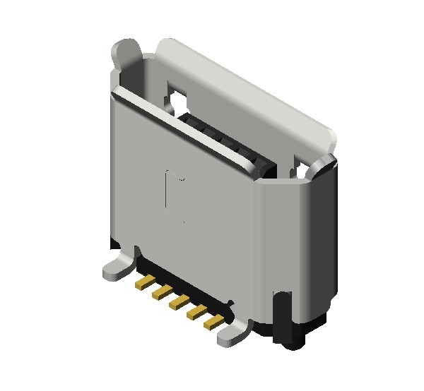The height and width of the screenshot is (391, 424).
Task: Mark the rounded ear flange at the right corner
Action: point(324,167)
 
